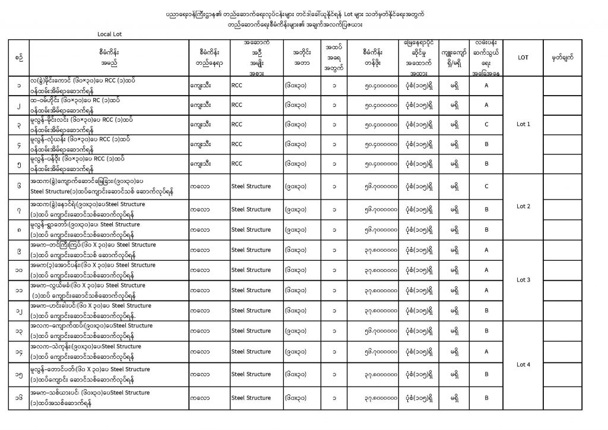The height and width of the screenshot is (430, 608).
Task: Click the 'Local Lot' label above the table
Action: (x=110, y=34)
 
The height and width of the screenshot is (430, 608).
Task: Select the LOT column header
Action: (x=523, y=58)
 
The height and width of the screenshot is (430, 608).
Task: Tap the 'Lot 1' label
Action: (x=523, y=124)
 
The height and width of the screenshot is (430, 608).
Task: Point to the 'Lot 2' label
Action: (x=523, y=207)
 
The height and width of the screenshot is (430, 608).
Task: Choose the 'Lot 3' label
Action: (x=523, y=279)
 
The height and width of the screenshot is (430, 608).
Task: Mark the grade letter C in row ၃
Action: (x=486, y=125)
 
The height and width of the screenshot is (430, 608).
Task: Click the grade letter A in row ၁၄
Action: (x=486, y=352)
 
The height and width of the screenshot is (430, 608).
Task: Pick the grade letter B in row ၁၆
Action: (x=486, y=399)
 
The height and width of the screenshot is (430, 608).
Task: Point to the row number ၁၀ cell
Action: (x=20, y=271)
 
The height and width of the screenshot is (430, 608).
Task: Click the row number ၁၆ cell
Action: (x=20, y=399)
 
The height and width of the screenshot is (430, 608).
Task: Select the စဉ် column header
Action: (x=20, y=58)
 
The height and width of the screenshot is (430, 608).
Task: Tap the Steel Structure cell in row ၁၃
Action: (x=251, y=331)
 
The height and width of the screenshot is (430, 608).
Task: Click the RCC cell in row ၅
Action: (x=237, y=163)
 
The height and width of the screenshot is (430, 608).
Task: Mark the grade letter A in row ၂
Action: (x=486, y=105)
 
